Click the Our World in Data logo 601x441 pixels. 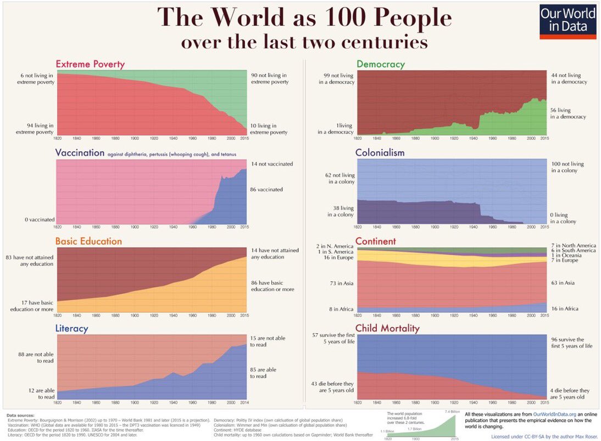tap(567, 21)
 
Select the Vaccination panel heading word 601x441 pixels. tap(80, 153)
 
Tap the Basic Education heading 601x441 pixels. tap(88, 241)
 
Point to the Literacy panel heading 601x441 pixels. tap(71, 329)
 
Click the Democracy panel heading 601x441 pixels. tap(380, 64)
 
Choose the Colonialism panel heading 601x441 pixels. tap(380, 153)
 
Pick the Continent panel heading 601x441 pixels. tap(376, 241)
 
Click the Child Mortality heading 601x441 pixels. tap(387, 329)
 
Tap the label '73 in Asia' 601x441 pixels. tap(341, 283)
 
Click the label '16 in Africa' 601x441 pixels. tap(564, 308)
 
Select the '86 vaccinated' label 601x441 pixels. tap(267, 189)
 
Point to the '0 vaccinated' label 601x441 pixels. tap(39, 220)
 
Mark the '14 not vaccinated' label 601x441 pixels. tap(272, 164)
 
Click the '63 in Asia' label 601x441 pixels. tap(563, 283)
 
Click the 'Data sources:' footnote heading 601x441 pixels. tap(20, 415)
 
